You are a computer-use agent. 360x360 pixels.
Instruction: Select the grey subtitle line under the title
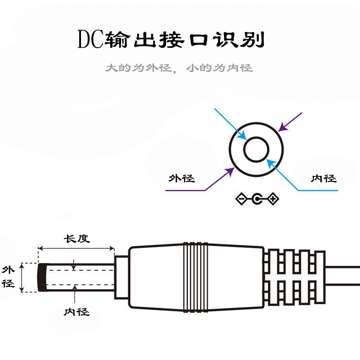179,68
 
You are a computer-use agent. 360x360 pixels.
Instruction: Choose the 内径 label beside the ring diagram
324,179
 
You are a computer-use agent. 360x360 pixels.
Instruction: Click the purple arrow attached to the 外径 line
220,178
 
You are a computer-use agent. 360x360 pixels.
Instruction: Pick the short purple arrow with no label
290,121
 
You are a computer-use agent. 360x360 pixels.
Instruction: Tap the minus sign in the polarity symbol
242,198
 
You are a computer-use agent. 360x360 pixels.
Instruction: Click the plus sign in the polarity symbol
273,198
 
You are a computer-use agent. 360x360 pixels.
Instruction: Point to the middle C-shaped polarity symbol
257,198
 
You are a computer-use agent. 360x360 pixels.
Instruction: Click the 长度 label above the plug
76,238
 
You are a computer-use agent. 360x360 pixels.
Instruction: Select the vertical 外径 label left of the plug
9,277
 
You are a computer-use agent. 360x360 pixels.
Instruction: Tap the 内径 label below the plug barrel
76,311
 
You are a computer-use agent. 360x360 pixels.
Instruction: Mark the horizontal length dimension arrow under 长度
76,248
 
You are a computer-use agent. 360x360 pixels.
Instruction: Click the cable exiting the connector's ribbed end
344,276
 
